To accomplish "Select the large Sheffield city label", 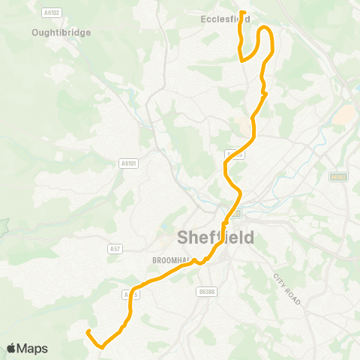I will pos(215,238).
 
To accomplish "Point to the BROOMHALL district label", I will pos(168,260).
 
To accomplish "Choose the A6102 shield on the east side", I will pos(339,176).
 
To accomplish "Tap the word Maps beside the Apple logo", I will pos(32,348).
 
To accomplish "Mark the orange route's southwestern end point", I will pos(88,331).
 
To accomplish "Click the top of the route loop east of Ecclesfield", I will pos(265,28).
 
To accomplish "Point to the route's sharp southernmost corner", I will pos(100,346).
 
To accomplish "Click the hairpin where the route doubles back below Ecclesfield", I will pos(241,61).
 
